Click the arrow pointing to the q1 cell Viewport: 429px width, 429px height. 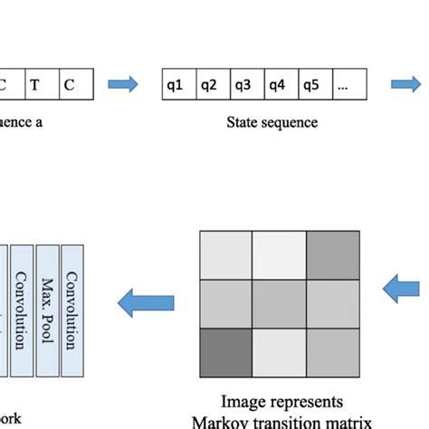coord(124,85)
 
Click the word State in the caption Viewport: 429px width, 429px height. coord(243,122)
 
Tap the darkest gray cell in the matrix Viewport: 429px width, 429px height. coord(224,352)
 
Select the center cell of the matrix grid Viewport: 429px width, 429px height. coord(279,303)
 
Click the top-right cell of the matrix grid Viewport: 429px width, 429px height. coord(332,254)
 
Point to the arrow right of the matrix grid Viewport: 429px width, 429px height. coord(402,291)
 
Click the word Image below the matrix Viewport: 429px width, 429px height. coord(243,401)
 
